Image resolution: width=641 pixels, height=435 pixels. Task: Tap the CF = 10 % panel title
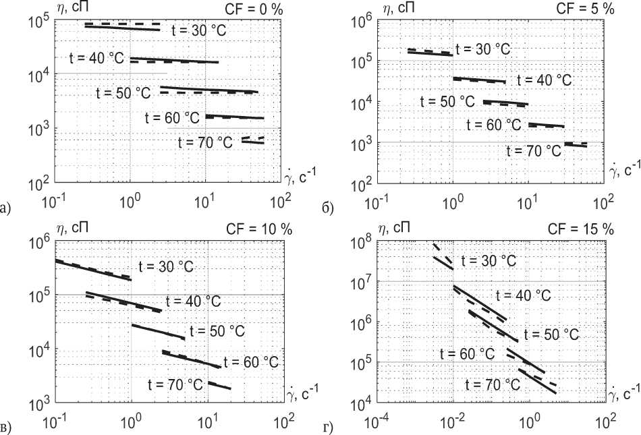(x=259, y=229)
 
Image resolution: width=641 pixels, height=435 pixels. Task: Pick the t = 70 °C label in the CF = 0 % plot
(x=206, y=142)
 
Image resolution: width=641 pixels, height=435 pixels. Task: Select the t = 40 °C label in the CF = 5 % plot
(x=544, y=80)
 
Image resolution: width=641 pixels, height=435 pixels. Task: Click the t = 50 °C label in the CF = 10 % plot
(x=217, y=331)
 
